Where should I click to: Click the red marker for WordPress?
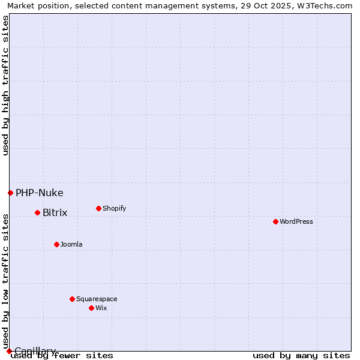tap(275, 221)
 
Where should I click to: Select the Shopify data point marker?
tap(98, 208)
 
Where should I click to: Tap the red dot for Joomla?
tap(56, 244)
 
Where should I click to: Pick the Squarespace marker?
tap(72, 299)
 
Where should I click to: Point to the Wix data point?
tap(91, 308)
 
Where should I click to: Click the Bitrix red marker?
tap(37, 212)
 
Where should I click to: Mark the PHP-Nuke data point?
tap(10, 193)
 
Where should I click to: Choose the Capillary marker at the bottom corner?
tap(9, 351)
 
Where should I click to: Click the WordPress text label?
tap(296, 221)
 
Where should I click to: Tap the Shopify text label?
tap(115, 208)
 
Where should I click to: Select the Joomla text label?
tap(71, 244)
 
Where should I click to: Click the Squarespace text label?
tap(97, 299)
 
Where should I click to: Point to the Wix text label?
tap(101, 308)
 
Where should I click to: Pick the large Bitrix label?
tap(55, 212)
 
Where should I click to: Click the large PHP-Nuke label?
tap(40, 193)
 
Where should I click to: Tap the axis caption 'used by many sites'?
tap(301, 355)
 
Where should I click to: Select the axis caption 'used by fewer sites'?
tap(62, 355)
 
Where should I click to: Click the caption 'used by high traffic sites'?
tap(5, 85)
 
